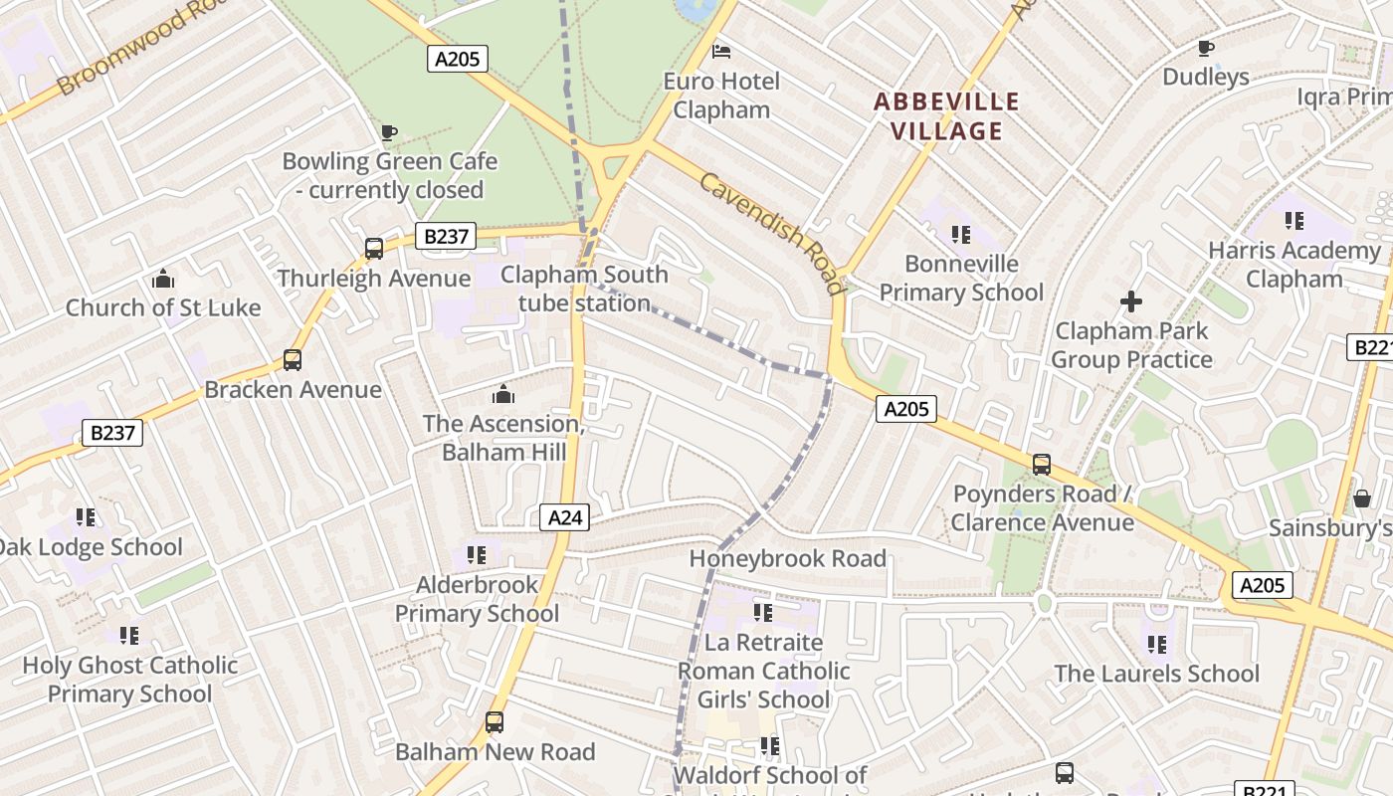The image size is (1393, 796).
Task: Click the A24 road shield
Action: click(x=564, y=516)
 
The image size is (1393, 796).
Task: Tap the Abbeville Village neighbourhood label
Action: click(x=946, y=116)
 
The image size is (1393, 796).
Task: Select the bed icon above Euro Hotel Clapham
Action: click(x=721, y=51)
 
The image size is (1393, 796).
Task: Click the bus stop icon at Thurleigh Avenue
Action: click(x=374, y=249)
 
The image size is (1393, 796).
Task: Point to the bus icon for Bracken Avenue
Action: click(x=292, y=360)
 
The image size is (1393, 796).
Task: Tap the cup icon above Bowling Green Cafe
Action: click(x=389, y=132)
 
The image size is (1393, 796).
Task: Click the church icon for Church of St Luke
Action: click(x=163, y=279)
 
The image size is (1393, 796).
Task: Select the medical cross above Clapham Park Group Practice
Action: click(x=1131, y=300)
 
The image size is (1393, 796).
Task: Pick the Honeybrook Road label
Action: click(x=787, y=558)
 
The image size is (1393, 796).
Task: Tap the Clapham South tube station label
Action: click(x=584, y=289)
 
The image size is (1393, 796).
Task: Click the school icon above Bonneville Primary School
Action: click(x=960, y=235)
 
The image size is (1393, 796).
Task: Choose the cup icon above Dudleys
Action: click(x=1205, y=48)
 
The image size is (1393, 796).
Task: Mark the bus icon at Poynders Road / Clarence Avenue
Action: click(x=1042, y=465)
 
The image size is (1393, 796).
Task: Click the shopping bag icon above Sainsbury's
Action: click(x=1361, y=498)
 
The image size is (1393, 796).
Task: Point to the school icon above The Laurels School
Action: click(x=1156, y=645)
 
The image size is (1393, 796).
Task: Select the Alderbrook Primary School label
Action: click(x=477, y=599)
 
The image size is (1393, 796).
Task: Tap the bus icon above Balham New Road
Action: click(x=495, y=722)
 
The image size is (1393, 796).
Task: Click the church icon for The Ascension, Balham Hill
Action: click(x=503, y=394)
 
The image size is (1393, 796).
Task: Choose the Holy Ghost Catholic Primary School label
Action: click(x=130, y=680)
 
